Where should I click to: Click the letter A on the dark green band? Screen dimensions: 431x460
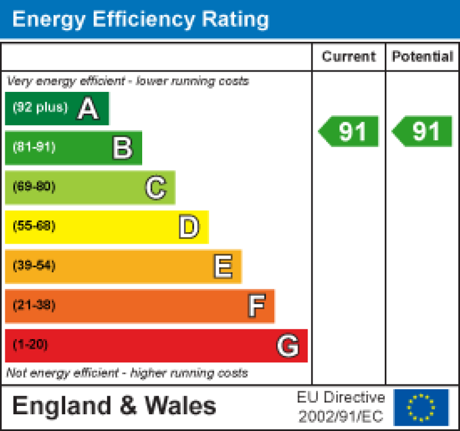(88, 109)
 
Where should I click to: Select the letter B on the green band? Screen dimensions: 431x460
(122, 148)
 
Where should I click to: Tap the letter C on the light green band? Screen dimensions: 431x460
(155, 187)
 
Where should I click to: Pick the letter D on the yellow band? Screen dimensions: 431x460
(189, 227)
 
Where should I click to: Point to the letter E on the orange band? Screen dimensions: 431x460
(223, 266)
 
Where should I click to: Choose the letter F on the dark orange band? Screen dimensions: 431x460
(256, 306)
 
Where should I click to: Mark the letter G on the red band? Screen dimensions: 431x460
(288, 346)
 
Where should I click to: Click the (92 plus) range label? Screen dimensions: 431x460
(40, 107)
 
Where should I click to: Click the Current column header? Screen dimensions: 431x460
(349, 57)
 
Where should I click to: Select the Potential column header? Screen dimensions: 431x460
(422, 57)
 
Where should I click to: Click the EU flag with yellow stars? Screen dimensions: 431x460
(421, 407)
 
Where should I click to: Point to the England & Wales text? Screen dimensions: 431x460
(114, 406)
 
